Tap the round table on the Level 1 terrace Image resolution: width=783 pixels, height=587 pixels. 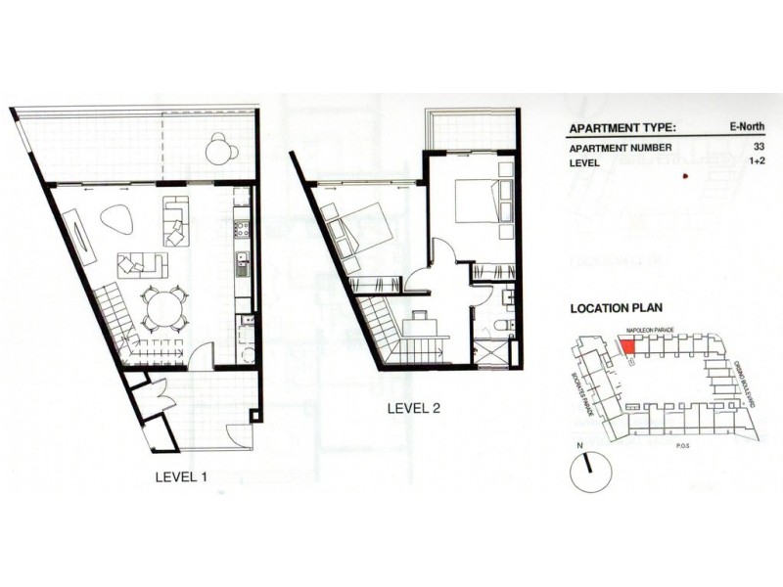point(220,150)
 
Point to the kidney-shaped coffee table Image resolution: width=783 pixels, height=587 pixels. point(117,220)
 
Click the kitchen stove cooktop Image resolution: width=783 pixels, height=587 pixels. point(242,229)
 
